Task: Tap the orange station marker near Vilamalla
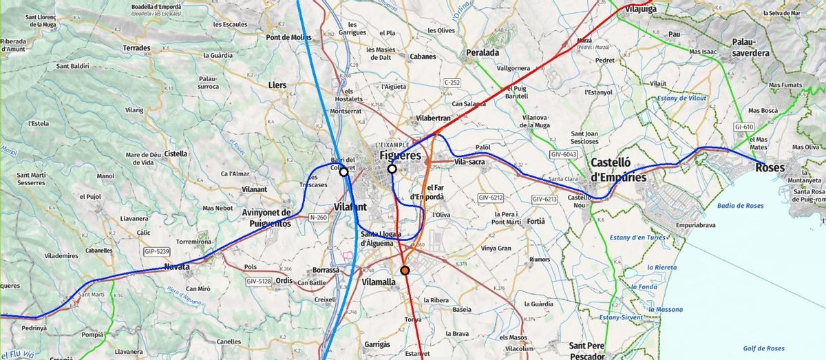click(x=405, y=271)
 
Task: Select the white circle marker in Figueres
click(x=392, y=169)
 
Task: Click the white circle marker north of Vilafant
click(x=343, y=172)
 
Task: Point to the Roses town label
click(x=770, y=167)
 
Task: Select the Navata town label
click(x=177, y=266)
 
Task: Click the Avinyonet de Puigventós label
click(x=267, y=218)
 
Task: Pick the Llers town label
click(x=277, y=85)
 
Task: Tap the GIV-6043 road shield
click(x=563, y=156)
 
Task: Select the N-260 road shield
click(x=318, y=218)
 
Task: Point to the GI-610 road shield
click(x=744, y=127)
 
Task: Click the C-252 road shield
click(x=452, y=82)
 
